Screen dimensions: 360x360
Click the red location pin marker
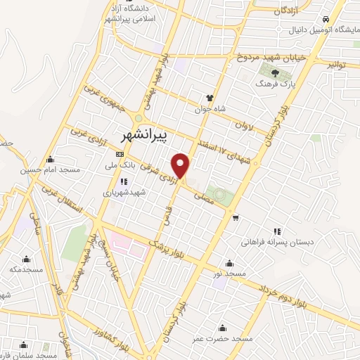coord(181,166)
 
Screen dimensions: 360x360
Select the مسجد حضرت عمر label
coord(222,339)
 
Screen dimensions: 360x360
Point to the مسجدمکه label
coord(26,269)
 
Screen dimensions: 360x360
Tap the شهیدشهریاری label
coord(124,192)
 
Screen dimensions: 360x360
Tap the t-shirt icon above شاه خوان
coord(209,98)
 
